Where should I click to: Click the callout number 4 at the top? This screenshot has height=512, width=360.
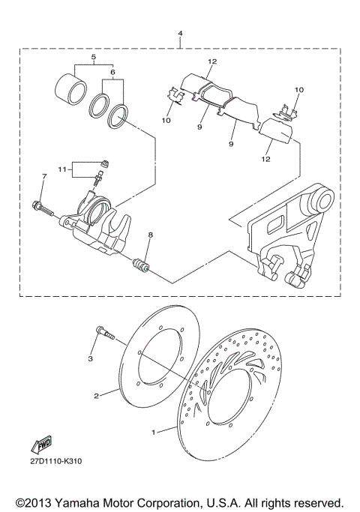pyautogui.click(x=180, y=34)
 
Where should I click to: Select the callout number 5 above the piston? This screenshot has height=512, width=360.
pyautogui.click(x=94, y=57)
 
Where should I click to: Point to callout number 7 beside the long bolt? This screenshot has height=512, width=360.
pyautogui.click(x=44, y=176)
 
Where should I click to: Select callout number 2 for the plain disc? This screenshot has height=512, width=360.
pyautogui.click(x=97, y=394)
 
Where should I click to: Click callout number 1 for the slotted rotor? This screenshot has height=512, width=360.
pyautogui.click(x=154, y=433)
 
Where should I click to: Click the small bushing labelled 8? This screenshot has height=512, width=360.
pyautogui.click(x=140, y=265)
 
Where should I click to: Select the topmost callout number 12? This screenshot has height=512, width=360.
pyautogui.click(x=212, y=61)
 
